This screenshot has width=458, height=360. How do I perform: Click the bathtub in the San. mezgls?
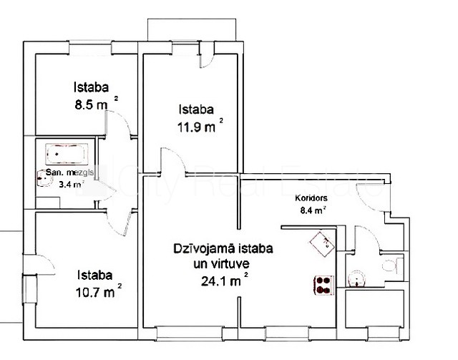(67, 153)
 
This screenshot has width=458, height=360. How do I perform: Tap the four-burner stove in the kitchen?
(324, 285)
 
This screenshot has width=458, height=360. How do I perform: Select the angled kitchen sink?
(322, 244)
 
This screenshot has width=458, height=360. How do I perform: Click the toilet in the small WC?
(391, 266)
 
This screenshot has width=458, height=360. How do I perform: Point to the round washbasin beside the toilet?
(356, 278)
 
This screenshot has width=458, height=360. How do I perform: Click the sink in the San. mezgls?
(43, 178)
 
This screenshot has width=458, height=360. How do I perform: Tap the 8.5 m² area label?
(97, 104)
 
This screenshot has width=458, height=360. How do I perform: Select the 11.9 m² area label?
(200, 126)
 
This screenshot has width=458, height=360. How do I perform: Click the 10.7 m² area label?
(99, 291)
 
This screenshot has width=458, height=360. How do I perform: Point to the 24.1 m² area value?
(225, 281)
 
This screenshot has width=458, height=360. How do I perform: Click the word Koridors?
(311, 198)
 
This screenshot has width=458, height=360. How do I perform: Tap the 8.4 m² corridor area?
(313, 210)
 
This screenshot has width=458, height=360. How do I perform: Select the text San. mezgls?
(70, 172)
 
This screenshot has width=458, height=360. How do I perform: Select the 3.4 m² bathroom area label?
(72, 185)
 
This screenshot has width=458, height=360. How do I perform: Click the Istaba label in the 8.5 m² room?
(91, 87)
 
